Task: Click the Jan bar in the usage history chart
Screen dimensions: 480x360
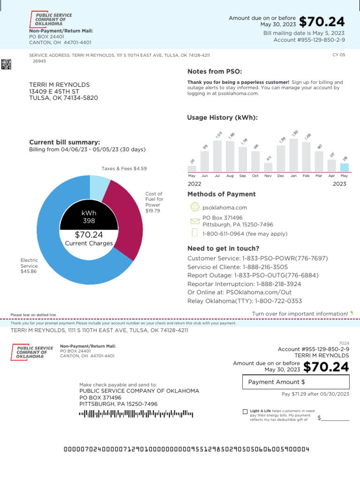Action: coord(294,155)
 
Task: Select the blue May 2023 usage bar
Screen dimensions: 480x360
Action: coord(345,167)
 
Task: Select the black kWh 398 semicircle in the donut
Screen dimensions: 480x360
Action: coord(89,216)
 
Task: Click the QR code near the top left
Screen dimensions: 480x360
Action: coord(6,65)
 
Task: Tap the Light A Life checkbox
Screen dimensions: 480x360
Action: coord(245,412)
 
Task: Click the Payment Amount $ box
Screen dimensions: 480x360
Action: coord(296,382)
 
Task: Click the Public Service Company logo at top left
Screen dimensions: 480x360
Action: coord(51,20)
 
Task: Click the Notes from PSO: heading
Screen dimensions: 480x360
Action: coord(215,72)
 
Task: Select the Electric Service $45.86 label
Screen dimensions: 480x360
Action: coord(29,266)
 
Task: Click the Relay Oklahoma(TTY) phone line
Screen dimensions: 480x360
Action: coord(244,301)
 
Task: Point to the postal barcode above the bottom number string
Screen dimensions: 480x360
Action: coord(136,413)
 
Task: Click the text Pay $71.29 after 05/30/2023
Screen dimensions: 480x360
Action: coord(315,394)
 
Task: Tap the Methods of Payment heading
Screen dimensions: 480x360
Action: coord(221,194)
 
